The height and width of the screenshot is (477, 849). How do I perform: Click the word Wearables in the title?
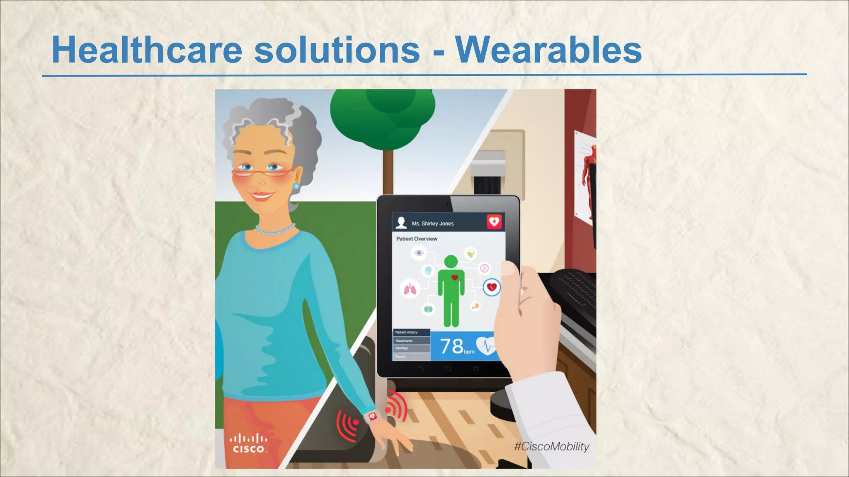pyautogui.click(x=548, y=50)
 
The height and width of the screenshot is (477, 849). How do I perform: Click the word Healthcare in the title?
pyautogui.click(x=147, y=50)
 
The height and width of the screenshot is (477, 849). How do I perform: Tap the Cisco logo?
pyautogui.click(x=249, y=443)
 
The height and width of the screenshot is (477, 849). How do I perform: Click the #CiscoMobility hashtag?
pyautogui.click(x=551, y=446)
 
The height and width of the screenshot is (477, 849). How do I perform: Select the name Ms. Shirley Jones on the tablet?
pyautogui.click(x=432, y=224)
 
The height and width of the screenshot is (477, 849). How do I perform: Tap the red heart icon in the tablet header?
pyautogui.click(x=494, y=222)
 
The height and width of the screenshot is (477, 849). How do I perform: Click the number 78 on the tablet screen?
pyautogui.click(x=451, y=346)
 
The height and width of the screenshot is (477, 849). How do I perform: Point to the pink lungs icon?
pyautogui.click(x=410, y=289)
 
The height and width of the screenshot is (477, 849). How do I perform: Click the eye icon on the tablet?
pyautogui.click(x=419, y=253)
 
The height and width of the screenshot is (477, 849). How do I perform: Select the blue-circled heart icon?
pyautogui.click(x=492, y=287)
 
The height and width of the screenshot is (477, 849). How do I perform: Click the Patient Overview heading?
pyautogui.click(x=417, y=239)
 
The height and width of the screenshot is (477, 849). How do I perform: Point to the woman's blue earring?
pyautogui.click(x=296, y=186)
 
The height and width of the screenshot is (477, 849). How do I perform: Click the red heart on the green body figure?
pyautogui.click(x=455, y=277)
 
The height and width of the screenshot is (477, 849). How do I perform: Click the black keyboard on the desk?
pyautogui.click(x=574, y=290)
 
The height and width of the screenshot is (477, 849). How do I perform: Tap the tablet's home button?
pyautogui.click(x=448, y=369)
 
